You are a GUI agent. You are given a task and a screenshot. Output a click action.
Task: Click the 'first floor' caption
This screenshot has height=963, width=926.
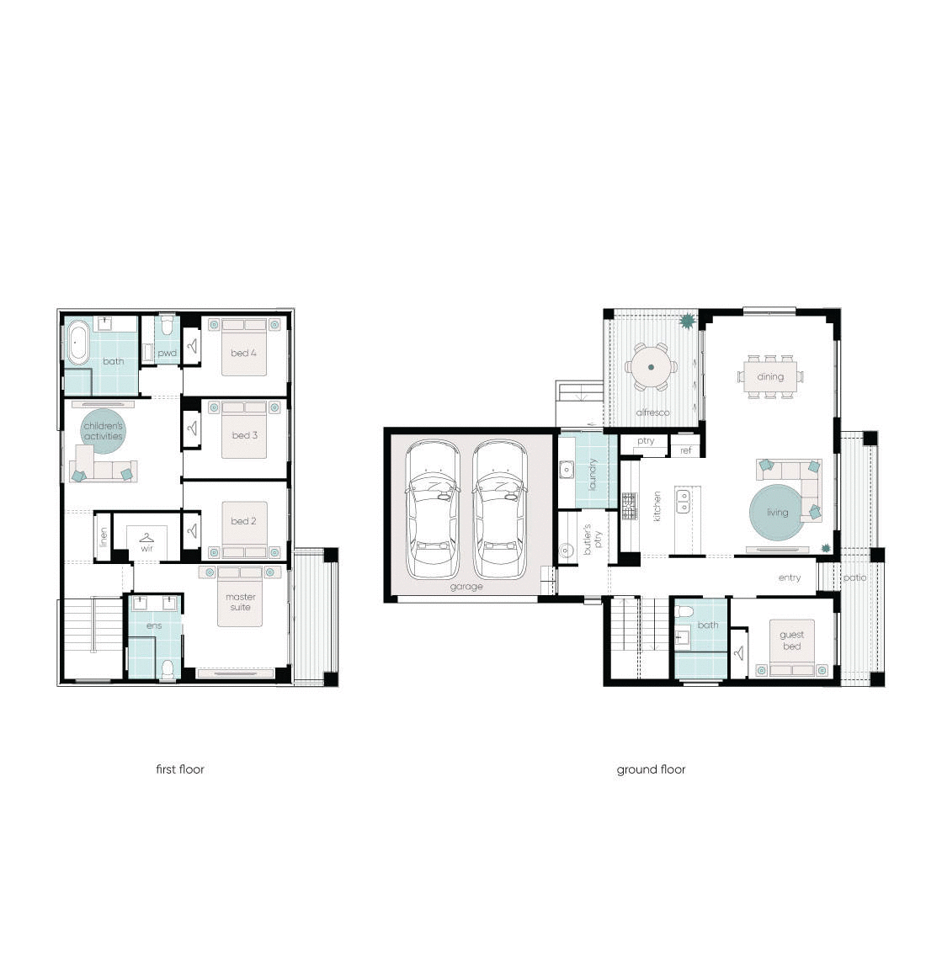coord(180,769)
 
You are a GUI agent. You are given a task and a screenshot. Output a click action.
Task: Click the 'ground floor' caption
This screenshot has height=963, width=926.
coord(651,769)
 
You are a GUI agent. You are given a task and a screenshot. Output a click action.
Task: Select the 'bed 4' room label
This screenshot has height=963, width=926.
coord(240,353)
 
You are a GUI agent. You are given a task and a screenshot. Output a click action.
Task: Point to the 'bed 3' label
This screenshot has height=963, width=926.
coord(244,435)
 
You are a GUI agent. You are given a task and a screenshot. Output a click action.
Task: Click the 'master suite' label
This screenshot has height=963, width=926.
coord(240,601)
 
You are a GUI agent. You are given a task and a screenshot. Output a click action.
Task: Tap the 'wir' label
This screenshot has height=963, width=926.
coord(146,548)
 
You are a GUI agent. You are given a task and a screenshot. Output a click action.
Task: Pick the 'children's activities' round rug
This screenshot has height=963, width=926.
coord(103,431)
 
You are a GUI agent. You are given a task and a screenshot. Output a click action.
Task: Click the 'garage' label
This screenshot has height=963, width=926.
coord(466,587)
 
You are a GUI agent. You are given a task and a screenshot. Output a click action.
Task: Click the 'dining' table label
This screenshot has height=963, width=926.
coord(770,376)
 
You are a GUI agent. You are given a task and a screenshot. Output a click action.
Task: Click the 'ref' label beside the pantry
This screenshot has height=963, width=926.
coord(685,450)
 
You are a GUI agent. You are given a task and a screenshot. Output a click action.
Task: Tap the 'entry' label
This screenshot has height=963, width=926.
coord(790,577)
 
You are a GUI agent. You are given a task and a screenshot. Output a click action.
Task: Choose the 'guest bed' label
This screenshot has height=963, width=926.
coord(791,641)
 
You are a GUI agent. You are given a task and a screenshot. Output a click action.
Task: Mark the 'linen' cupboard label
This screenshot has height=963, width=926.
coord(104,535)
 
